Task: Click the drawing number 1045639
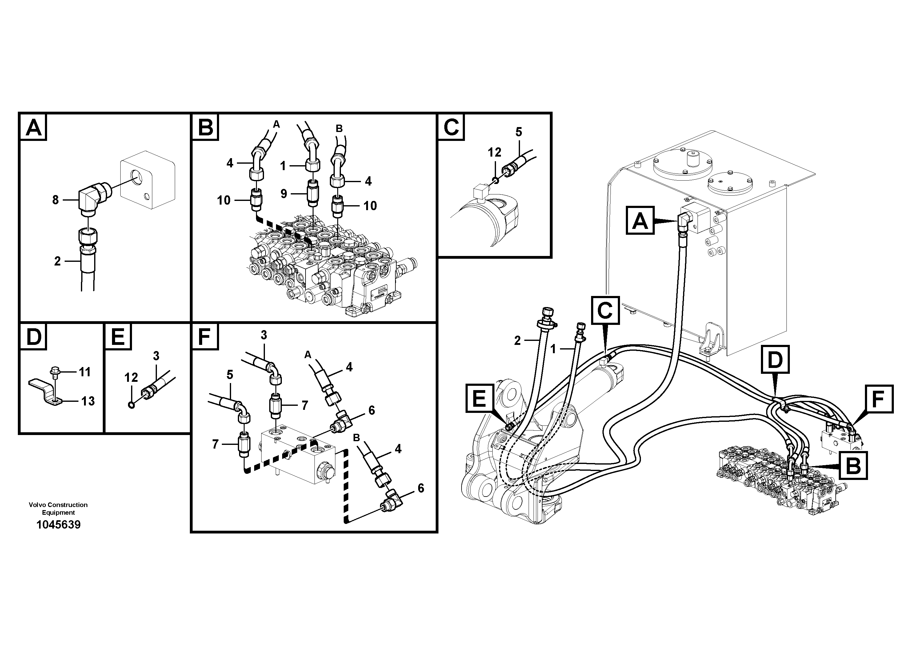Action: click(58, 525)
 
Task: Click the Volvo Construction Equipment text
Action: click(58, 509)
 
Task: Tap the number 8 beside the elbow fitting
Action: click(55, 200)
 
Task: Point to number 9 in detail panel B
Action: click(284, 194)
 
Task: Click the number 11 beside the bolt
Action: click(85, 372)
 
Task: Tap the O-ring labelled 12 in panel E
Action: click(131, 405)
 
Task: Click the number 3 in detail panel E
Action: click(156, 356)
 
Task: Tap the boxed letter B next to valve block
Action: click(853, 465)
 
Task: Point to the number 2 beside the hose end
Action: click(518, 341)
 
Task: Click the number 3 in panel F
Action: click(264, 335)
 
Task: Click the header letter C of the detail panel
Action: click(451, 127)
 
